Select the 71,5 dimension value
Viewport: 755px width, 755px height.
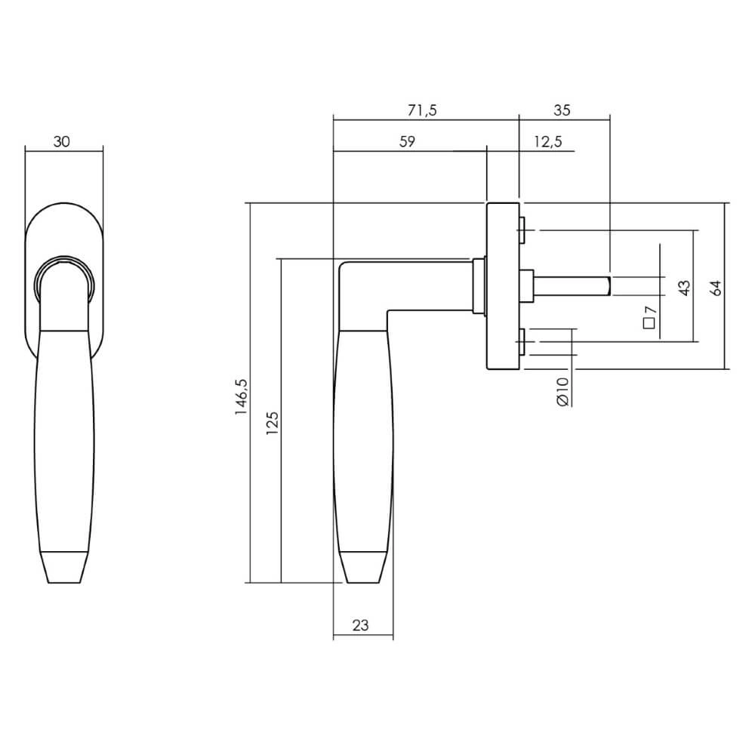click(422, 110)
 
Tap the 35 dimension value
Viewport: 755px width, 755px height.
click(561, 110)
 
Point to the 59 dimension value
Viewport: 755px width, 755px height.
click(407, 142)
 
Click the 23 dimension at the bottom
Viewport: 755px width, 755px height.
click(361, 625)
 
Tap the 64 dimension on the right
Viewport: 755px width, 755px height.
click(716, 287)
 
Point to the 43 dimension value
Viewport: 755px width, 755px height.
click(684, 288)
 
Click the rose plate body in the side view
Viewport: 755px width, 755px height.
click(502, 287)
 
